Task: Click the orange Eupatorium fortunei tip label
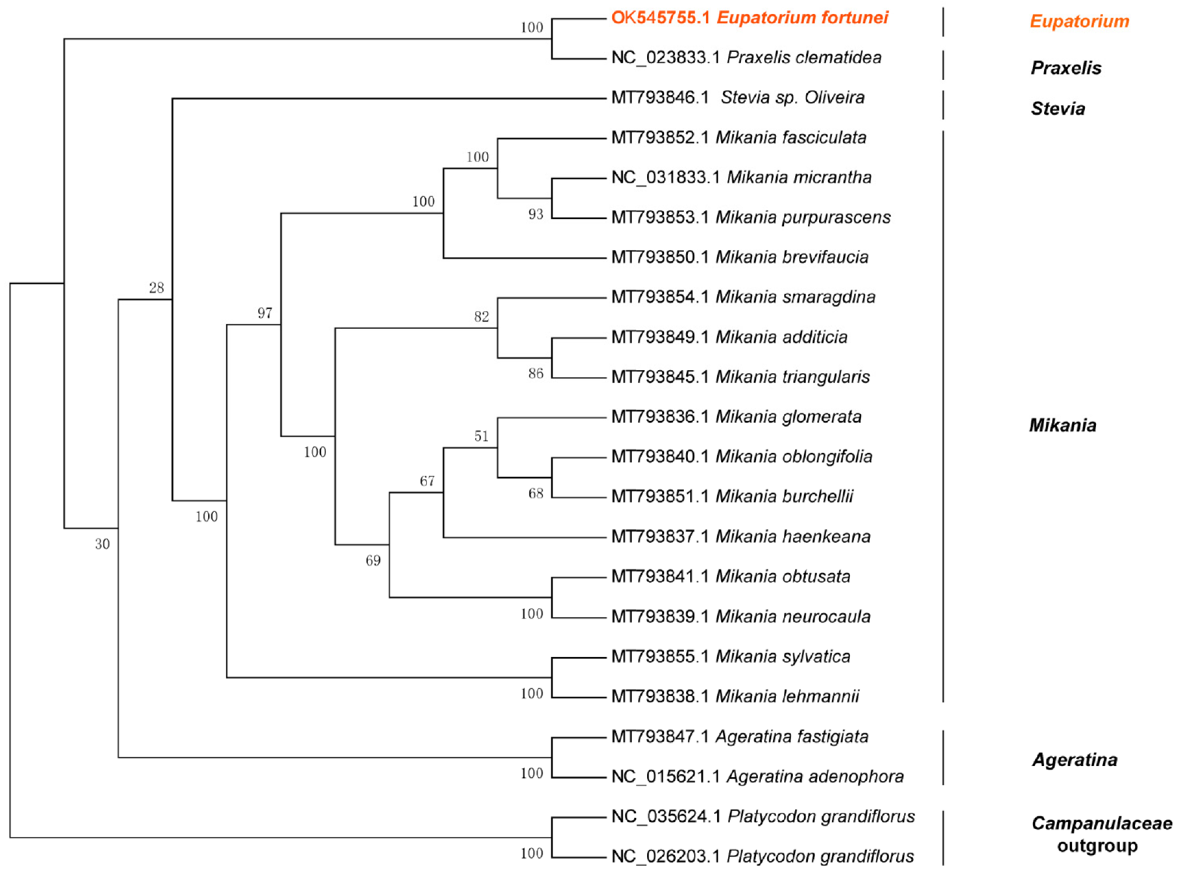point(749,17)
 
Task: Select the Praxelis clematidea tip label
point(746,57)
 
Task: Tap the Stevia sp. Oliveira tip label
point(737,97)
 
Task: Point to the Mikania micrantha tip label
point(741,177)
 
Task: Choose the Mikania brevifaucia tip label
point(739,257)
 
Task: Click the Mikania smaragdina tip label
point(743,297)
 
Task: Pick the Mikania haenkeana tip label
point(740,536)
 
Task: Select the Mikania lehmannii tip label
point(735,696)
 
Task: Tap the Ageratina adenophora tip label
point(757,776)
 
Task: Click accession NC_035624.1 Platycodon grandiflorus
point(763,816)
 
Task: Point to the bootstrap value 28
point(156,287)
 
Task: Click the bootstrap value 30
point(102,544)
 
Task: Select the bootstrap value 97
point(265,313)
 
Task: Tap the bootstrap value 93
point(536,214)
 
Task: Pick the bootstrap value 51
point(481,436)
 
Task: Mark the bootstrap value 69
point(373,560)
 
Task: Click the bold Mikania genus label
point(1062,425)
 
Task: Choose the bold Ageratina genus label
point(1074,760)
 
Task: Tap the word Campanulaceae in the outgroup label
point(1101,823)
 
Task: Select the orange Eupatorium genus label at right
point(1079,22)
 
